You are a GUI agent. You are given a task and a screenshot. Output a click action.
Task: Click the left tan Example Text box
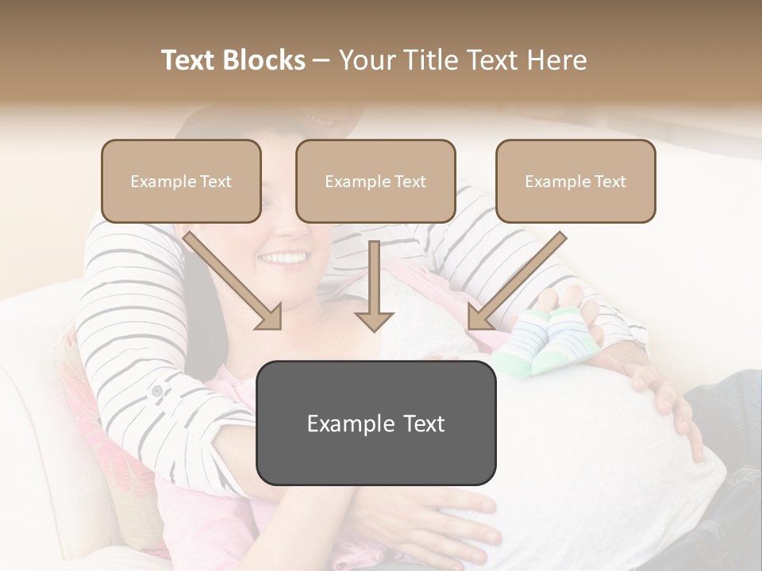pyautogui.click(x=181, y=182)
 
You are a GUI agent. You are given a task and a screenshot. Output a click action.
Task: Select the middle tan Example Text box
pyautogui.click(x=375, y=182)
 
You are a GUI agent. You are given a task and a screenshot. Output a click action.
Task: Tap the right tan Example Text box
pyautogui.click(x=575, y=182)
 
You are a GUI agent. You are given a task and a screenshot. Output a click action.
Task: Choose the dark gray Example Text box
pyautogui.click(x=375, y=423)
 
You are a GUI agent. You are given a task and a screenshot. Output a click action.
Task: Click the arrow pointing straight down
pyautogui.click(x=374, y=289)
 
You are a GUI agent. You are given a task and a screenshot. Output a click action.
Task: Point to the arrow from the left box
pyautogui.click(x=234, y=282)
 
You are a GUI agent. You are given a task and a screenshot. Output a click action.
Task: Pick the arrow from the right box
pyautogui.click(x=516, y=282)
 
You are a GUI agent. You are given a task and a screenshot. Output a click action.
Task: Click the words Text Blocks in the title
pyautogui.click(x=233, y=60)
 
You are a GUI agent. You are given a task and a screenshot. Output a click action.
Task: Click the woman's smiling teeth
pyautogui.click(x=283, y=259)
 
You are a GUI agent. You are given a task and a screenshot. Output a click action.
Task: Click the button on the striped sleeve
pyautogui.click(x=156, y=391)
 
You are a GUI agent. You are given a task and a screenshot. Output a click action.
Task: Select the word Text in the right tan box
pyautogui.click(x=610, y=182)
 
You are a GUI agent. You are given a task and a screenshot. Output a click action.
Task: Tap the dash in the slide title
pyautogui.click(x=321, y=60)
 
